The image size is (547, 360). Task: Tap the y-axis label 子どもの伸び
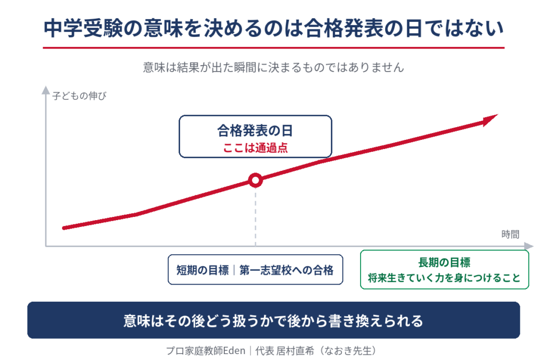[x=79, y=96]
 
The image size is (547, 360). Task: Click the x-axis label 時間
[x=510, y=234]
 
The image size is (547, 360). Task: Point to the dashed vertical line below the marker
[x=255, y=217]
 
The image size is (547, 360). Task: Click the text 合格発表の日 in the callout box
[x=255, y=131]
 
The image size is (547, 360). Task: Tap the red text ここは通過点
[x=255, y=148]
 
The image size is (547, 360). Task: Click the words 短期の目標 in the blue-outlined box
[x=202, y=270]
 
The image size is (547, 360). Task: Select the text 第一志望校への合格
[x=286, y=270]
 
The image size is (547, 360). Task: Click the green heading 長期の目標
[x=444, y=262]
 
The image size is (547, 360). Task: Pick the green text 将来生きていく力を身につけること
[x=444, y=278]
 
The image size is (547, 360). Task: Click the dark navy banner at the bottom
[x=273, y=320]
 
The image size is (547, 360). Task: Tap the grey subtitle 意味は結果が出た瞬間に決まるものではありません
[x=273, y=67]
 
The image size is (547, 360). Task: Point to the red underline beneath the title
[x=273, y=48]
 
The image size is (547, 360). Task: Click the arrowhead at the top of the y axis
[x=46, y=90]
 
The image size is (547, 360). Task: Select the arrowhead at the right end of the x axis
[x=529, y=246]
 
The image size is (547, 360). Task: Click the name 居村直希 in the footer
[x=295, y=350]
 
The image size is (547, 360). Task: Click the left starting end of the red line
[x=64, y=228]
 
